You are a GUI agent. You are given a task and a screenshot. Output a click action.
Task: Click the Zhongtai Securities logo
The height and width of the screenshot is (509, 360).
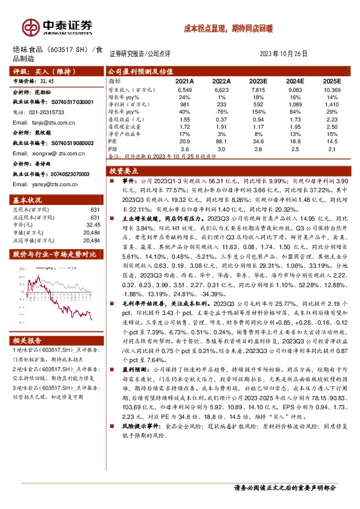57,27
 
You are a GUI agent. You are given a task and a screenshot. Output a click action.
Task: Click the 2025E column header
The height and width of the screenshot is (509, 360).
332,80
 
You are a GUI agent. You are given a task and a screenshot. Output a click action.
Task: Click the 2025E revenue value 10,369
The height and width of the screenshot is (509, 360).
332,89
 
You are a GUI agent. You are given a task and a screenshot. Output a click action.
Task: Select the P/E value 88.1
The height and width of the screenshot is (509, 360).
221,140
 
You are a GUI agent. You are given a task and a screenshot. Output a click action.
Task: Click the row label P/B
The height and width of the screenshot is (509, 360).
113,148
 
